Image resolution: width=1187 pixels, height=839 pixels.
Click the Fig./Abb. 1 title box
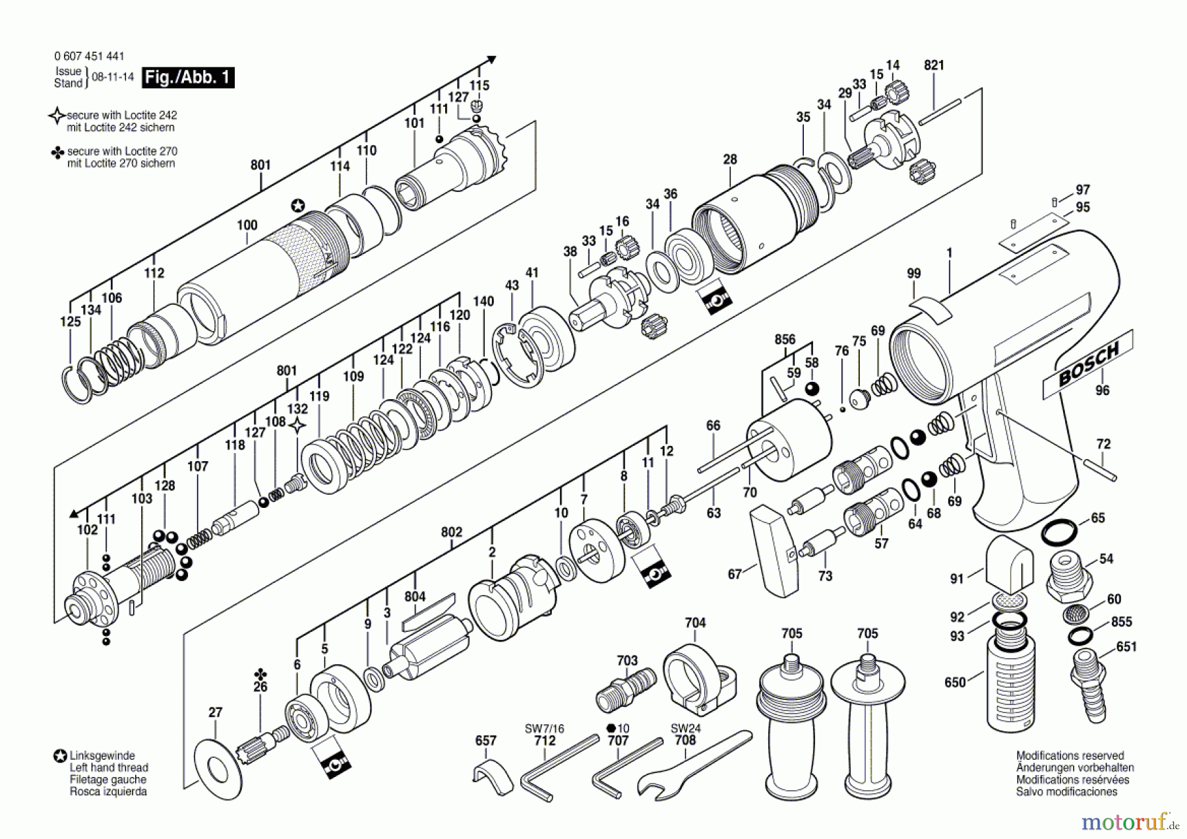pos(188,77)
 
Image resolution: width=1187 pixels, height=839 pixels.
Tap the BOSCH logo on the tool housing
pos(1088,365)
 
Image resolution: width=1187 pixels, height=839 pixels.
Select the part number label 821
pos(934,65)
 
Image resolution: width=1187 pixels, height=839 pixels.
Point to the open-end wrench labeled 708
pos(692,765)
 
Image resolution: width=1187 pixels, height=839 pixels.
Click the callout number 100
pos(247,226)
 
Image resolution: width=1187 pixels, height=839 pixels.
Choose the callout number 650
pos(955,682)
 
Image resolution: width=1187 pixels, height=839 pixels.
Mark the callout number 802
pos(451,532)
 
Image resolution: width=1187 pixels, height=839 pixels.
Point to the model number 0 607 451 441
pos(88,57)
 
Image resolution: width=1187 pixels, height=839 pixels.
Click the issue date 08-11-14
pos(112,77)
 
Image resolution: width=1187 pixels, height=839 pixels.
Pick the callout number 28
pos(729,160)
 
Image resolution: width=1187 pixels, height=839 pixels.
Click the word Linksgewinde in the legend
pos(102,756)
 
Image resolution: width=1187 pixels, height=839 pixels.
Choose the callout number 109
pos(353,376)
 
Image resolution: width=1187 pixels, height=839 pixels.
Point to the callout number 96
pos(1102,390)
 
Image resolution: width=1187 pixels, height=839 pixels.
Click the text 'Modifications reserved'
pos(1070,756)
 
